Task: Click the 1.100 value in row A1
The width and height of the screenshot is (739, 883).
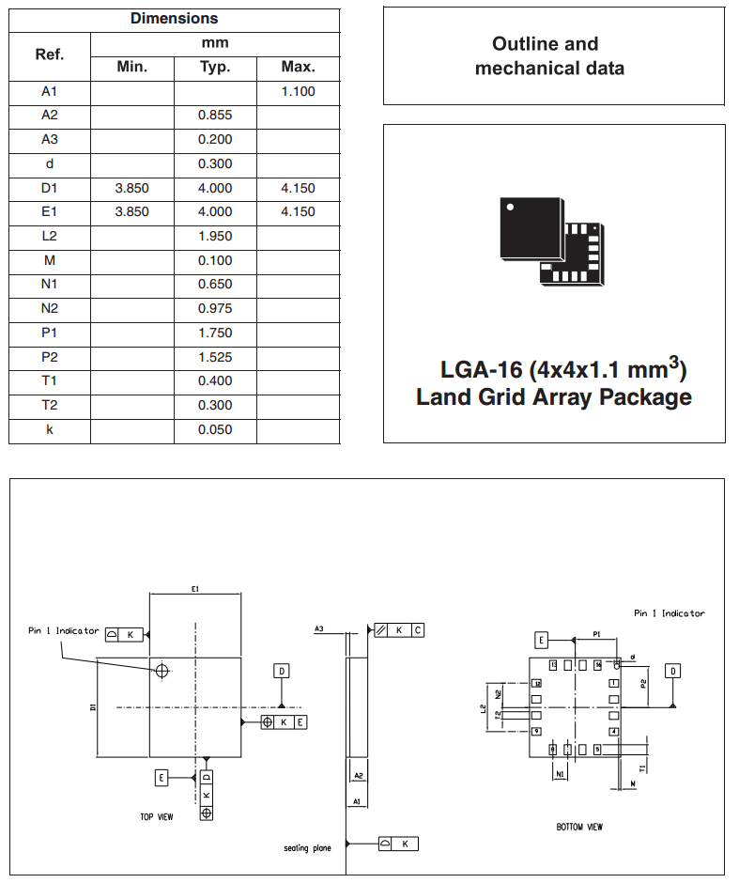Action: coord(298,92)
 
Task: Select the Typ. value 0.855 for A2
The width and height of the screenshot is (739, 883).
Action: coord(215,116)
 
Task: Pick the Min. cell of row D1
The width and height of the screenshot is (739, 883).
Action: coord(131,188)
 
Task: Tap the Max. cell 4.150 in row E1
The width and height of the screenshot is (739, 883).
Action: coord(298,212)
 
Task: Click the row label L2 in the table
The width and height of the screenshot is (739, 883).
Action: coord(50,237)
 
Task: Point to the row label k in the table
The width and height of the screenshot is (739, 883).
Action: coord(50,430)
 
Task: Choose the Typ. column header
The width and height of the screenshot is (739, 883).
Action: coord(215,67)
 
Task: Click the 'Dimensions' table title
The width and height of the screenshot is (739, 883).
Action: coord(174,19)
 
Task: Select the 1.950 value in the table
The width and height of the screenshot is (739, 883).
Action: coord(215,237)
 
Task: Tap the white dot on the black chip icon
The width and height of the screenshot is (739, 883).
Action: coord(510,205)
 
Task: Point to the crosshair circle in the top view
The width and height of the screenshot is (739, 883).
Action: coord(162,671)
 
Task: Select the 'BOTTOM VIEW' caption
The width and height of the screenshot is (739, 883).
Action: coord(579,828)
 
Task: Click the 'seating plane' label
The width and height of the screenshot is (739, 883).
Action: coord(307,848)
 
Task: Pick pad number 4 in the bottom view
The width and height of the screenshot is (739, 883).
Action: coord(614,731)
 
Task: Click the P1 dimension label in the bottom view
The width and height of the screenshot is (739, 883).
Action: coord(596,636)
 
